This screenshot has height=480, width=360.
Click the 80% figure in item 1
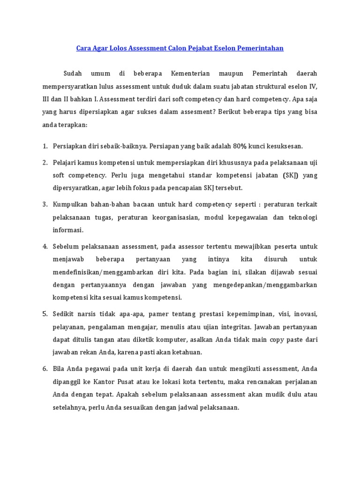coord(239,146)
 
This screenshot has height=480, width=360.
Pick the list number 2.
coord(45,162)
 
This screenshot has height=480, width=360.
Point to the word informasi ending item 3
coord(67,230)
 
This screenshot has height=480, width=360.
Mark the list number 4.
coord(45,246)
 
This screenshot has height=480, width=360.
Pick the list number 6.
coord(45,368)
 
